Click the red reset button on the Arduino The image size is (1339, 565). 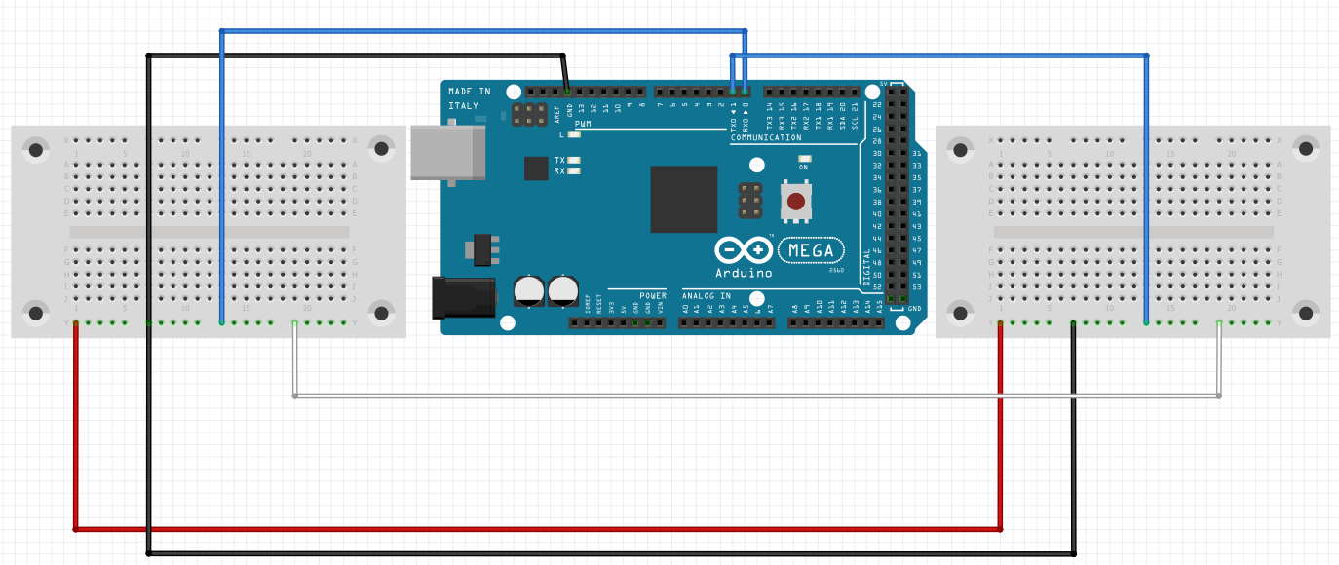(x=796, y=202)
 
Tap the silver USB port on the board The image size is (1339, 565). (x=447, y=152)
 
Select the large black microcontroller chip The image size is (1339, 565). (x=683, y=199)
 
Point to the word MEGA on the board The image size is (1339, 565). (x=811, y=251)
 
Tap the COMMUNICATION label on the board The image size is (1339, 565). (x=766, y=138)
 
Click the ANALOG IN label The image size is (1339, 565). (x=707, y=295)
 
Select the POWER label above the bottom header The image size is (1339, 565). (x=653, y=295)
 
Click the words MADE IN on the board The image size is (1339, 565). (x=469, y=92)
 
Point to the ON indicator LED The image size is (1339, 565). (x=804, y=158)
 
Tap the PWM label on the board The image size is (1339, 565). (x=583, y=125)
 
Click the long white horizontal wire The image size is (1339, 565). (x=756, y=396)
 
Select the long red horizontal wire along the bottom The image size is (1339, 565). (x=536, y=529)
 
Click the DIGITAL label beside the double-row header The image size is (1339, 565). (x=867, y=269)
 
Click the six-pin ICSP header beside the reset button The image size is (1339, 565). (x=750, y=200)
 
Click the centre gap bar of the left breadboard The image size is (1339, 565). (x=209, y=232)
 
